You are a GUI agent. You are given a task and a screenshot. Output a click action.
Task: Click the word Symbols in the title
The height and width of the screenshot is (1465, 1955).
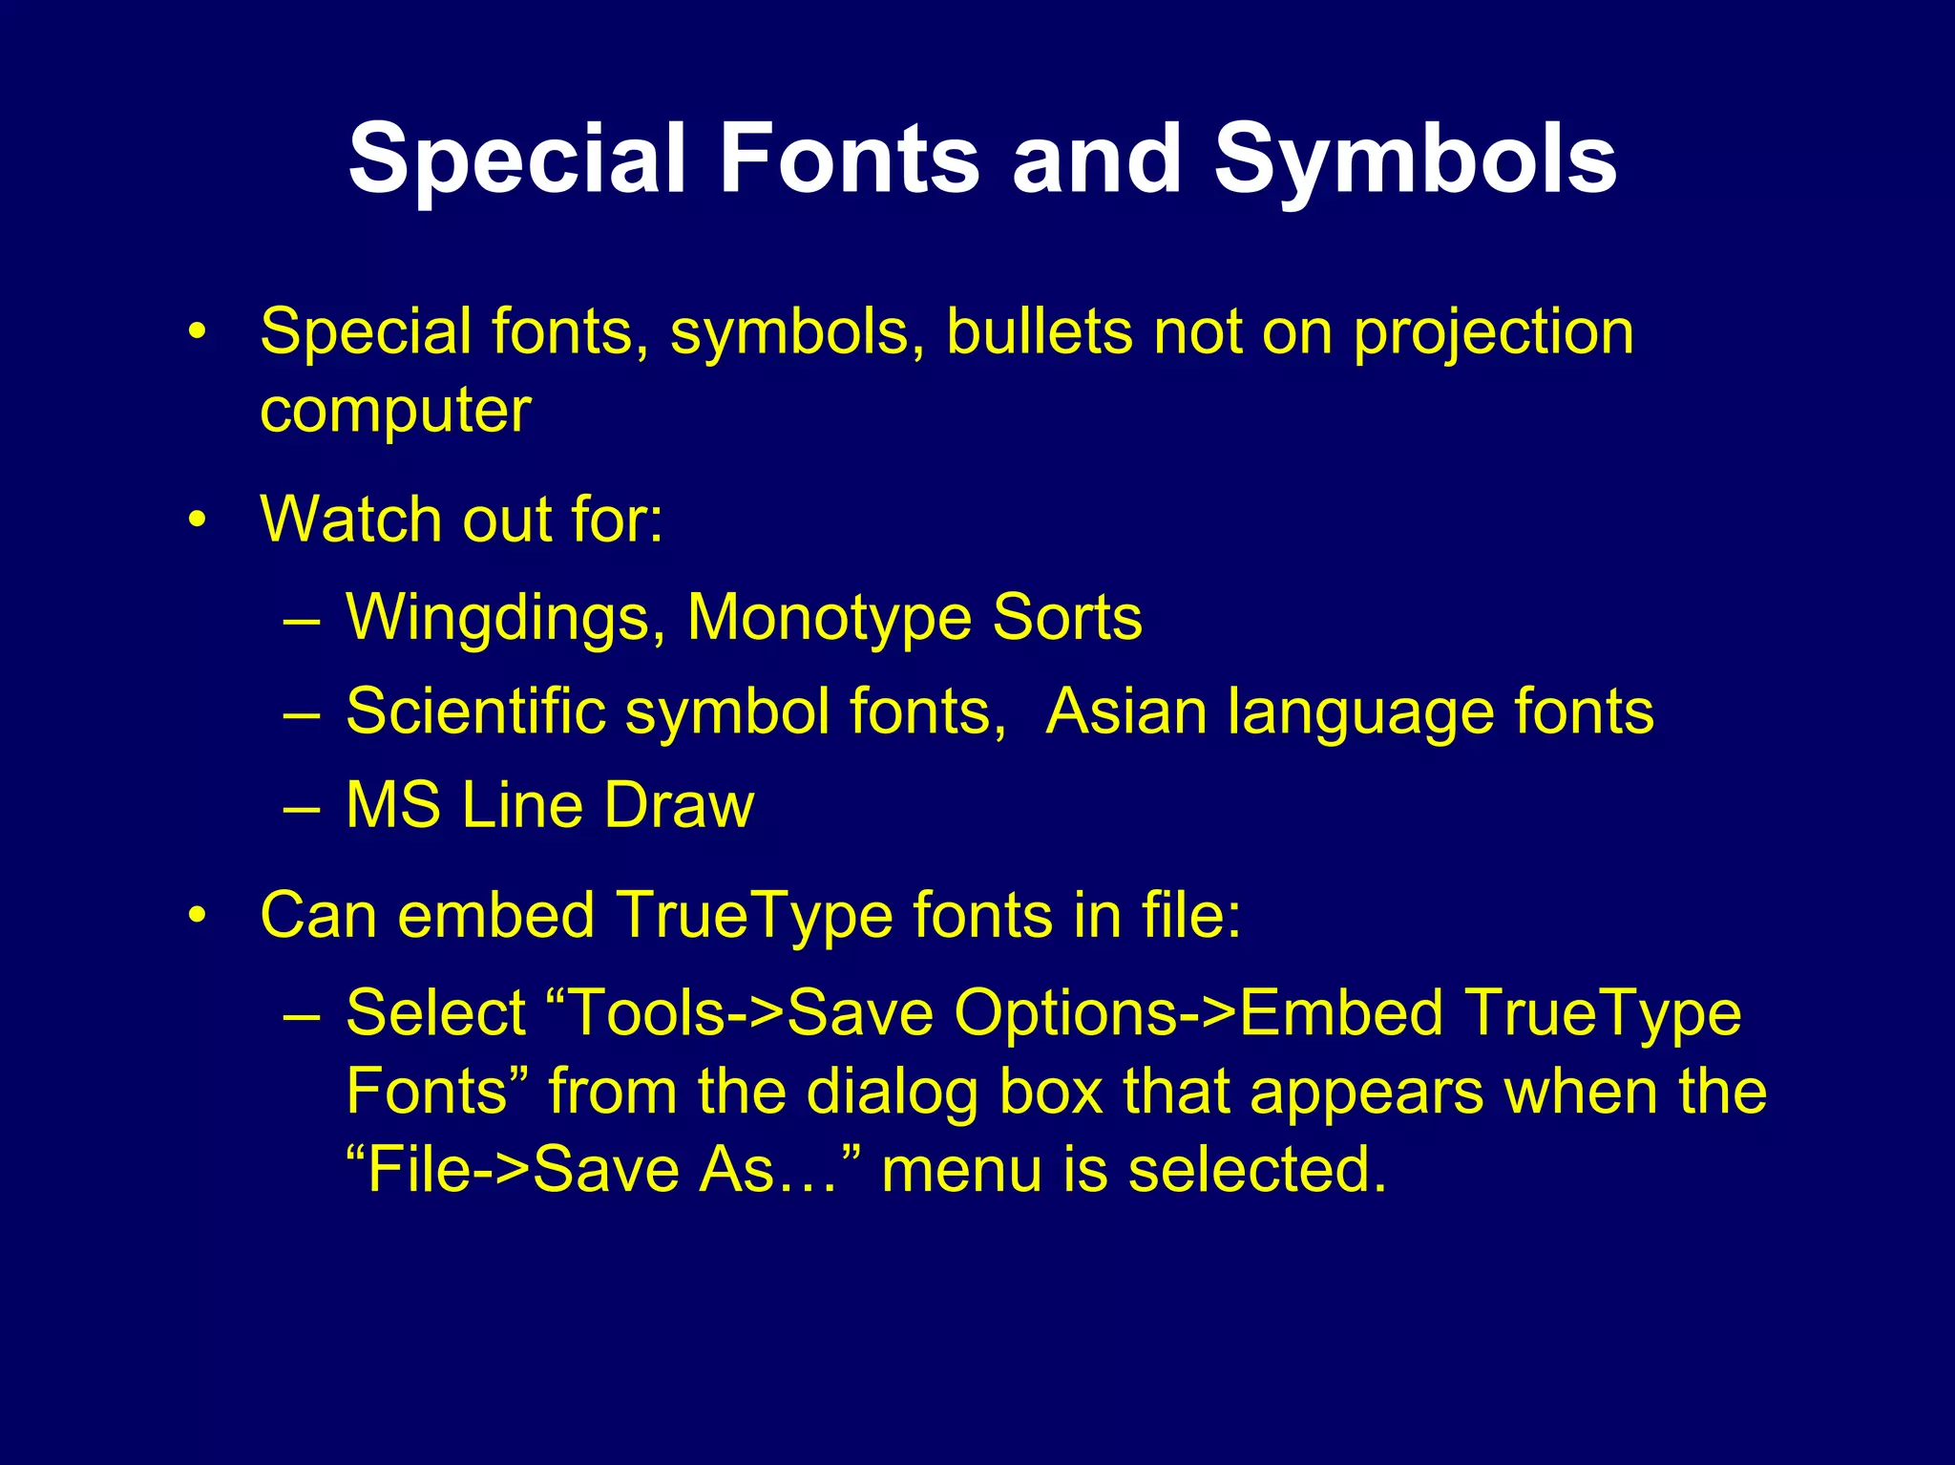tap(1415, 159)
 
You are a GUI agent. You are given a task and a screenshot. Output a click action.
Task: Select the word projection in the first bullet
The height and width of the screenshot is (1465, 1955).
tap(1493, 334)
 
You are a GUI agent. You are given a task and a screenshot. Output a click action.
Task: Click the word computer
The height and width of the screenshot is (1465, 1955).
tap(395, 412)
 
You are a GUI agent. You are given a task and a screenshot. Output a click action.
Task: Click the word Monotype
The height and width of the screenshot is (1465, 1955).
tap(828, 619)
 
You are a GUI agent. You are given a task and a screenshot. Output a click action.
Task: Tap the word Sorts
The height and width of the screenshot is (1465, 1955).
tap(1066, 617)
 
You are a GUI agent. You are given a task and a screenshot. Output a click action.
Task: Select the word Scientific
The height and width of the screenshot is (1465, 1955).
tap(475, 711)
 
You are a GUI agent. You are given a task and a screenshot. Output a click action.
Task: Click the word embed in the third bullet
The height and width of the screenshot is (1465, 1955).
tap(495, 915)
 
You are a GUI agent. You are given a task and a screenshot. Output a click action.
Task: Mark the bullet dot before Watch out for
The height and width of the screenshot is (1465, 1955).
tap(198, 520)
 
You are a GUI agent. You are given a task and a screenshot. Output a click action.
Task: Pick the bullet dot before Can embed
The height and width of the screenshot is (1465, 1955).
tap(198, 916)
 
